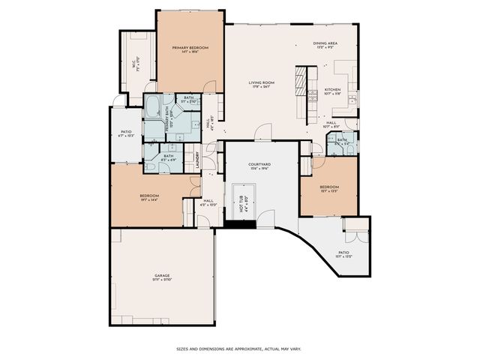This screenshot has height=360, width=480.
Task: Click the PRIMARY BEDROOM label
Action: point(190,48)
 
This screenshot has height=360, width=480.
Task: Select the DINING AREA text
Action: point(325,43)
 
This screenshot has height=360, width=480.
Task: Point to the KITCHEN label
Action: point(332,90)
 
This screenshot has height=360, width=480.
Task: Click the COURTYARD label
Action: point(259,163)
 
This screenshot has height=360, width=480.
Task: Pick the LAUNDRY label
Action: point(196,158)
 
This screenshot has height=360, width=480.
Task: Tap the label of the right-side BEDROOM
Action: point(328,187)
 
